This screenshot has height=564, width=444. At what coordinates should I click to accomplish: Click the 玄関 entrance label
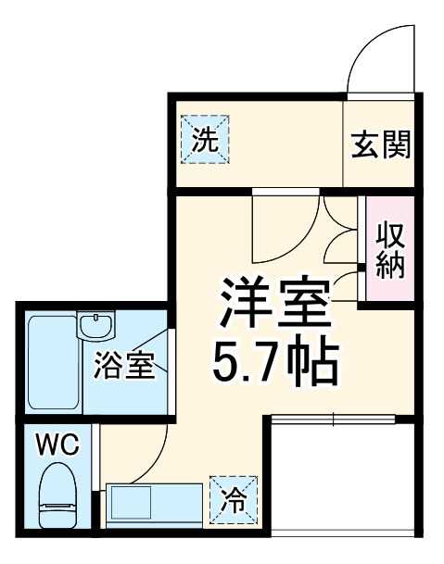point(381,145)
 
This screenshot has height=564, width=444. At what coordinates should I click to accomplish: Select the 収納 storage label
point(388,250)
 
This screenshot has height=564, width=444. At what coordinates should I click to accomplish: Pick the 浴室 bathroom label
point(122,367)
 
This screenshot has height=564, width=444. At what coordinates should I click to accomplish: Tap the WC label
point(57,445)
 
